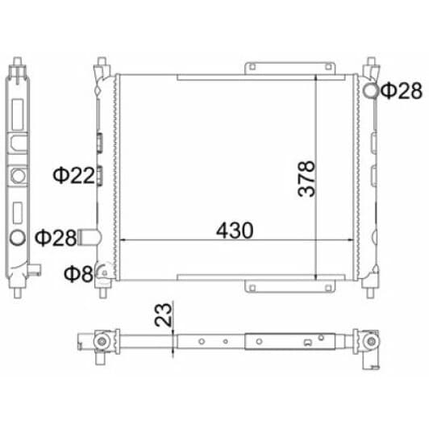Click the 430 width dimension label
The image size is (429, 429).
(235, 231)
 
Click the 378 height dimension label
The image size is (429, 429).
(306, 179)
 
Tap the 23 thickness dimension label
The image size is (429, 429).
(163, 315)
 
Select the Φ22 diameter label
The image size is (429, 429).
(73, 176)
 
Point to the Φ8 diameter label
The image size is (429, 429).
(78, 273)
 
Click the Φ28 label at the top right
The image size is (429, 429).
(402, 91)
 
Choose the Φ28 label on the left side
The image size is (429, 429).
(56, 238)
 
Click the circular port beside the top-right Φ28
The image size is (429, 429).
(371, 91)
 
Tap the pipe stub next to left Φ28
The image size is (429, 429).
(90, 237)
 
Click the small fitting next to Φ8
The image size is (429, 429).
(104, 273)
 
